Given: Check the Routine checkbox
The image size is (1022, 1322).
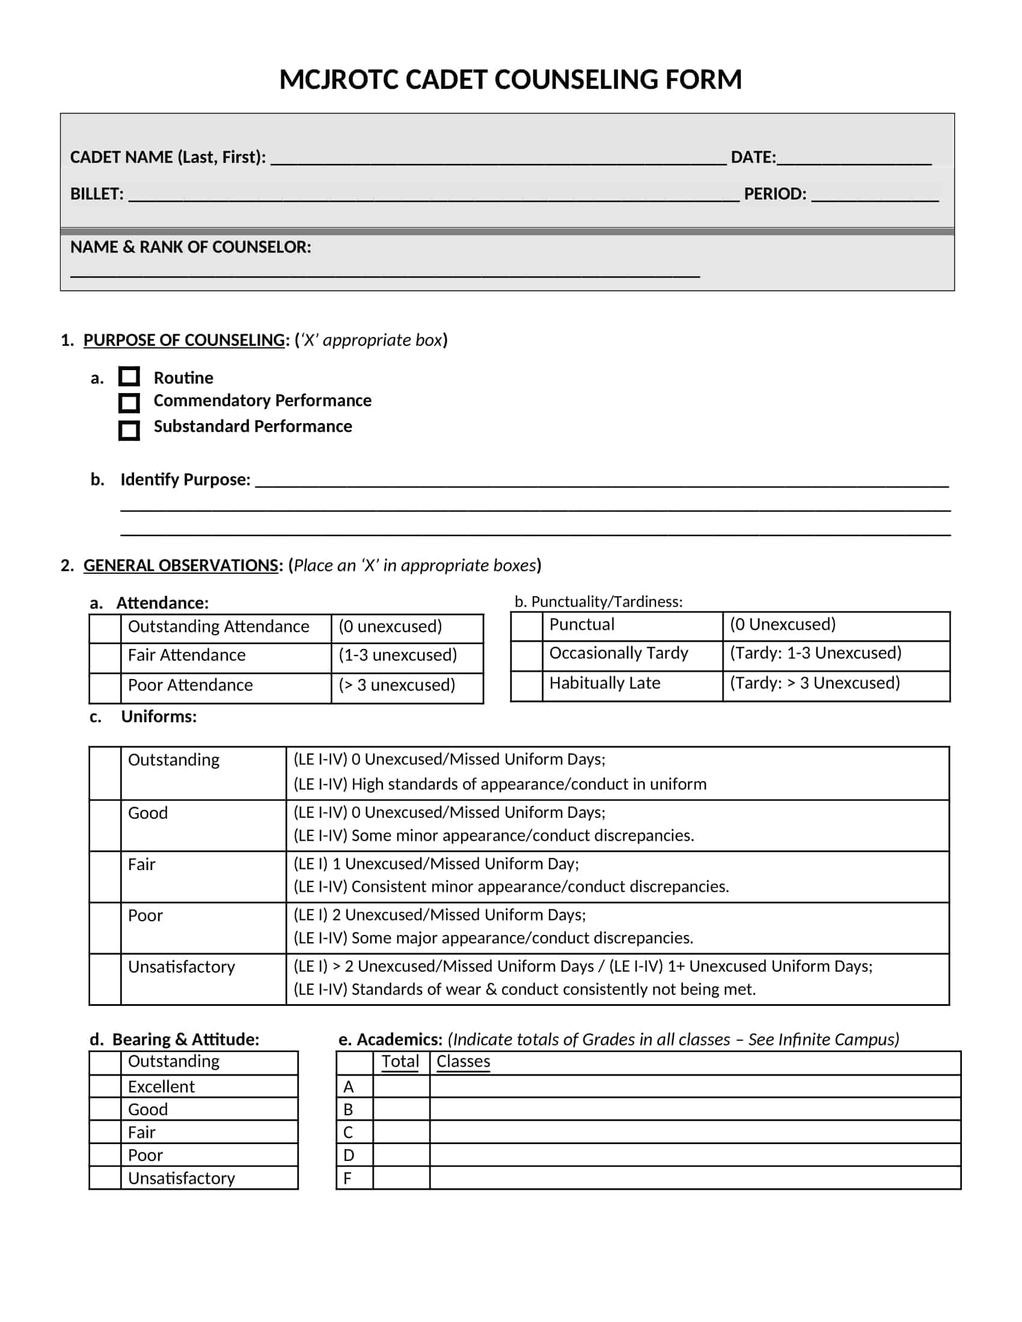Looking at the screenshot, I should click(129, 377).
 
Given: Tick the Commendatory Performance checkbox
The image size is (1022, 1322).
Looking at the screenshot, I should click(129, 403).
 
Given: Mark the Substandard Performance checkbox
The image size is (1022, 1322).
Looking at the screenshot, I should click(129, 430).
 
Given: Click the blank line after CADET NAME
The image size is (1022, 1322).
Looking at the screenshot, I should click(498, 159).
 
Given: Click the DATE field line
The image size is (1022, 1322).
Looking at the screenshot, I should click(854, 159).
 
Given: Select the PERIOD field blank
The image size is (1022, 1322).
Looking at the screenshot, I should click(874, 195).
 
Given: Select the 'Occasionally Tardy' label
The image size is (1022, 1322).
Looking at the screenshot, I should click(619, 653).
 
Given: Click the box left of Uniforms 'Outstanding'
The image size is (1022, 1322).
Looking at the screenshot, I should click(105, 773).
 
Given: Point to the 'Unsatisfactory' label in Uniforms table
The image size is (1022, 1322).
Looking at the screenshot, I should click(181, 967).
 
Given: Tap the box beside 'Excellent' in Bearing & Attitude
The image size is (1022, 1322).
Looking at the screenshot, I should click(105, 1086).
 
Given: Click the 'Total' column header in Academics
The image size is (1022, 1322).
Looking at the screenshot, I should click(400, 1062).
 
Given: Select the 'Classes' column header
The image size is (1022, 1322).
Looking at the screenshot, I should click(463, 1062).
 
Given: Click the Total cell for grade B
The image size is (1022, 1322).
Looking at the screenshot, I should click(401, 1109).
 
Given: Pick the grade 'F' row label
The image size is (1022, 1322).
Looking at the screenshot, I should click(348, 1178).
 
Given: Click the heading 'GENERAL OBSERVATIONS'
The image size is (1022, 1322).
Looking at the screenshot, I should click(180, 565).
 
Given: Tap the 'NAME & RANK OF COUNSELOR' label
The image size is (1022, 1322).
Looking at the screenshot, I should click(190, 247).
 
